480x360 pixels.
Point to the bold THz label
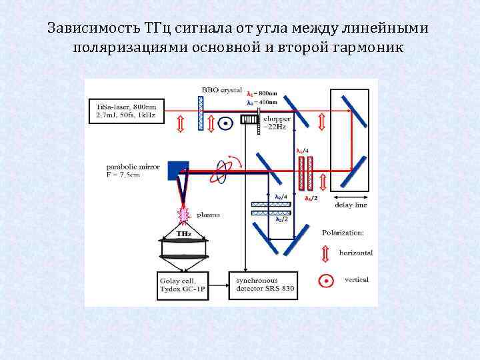[x=183, y=234]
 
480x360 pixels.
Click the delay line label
[x=351, y=205]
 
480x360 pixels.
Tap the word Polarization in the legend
[x=343, y=233]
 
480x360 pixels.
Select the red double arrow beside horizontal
[x=325, y=253]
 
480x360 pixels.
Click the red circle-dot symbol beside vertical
[x=325, y=280]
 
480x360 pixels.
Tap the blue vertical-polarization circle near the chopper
[x=226, y=123]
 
